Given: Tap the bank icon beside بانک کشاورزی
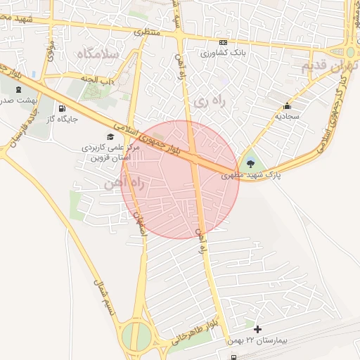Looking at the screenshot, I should click(205, 53).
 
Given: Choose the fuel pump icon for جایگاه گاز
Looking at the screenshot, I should click(62, 109).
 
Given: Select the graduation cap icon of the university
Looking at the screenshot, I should click(110, 136).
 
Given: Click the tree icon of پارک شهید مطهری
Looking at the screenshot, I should click(251, 164).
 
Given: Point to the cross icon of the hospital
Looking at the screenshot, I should click(257, 329).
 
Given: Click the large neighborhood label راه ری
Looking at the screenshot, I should click(210, 103).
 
